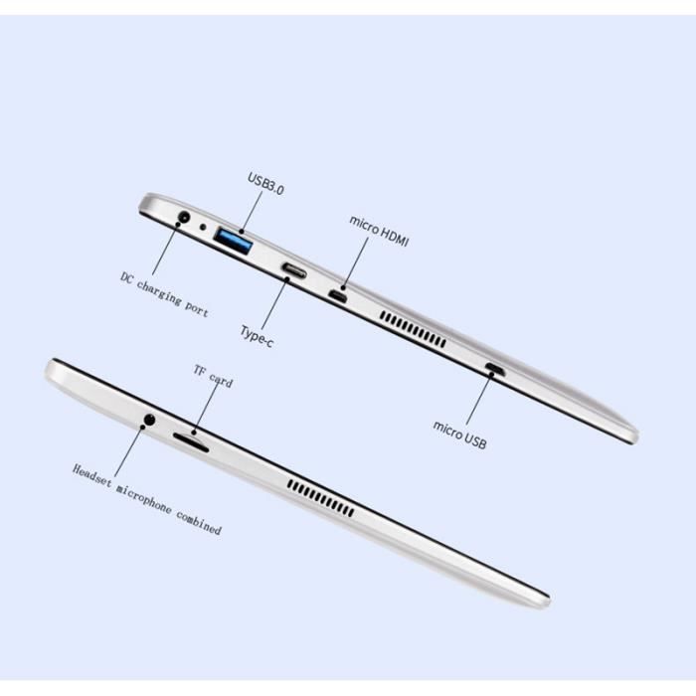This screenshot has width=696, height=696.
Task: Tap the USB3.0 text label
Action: click(x=265, y=184)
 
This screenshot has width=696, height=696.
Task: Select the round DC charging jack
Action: click(x=184, y=218)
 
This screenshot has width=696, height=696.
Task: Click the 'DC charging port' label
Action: click(x=164, y=294)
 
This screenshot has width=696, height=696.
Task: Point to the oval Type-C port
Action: click(x=294, y=270)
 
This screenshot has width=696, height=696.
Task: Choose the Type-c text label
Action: click(x=257, y=336)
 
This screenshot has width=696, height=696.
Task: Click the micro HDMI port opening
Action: click(x=338, y=296)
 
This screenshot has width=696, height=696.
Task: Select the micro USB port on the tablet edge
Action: click(x=493, y=369)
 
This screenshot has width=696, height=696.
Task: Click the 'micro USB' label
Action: click(x=459, y=435)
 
